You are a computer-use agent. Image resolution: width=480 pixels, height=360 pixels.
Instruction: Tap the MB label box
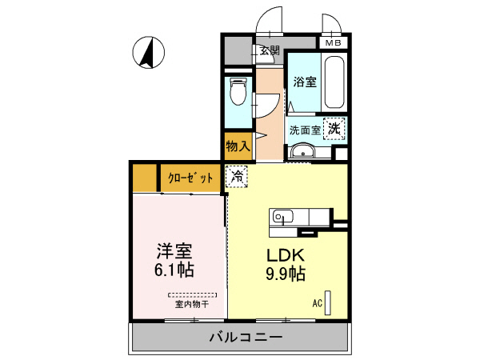[331, 42]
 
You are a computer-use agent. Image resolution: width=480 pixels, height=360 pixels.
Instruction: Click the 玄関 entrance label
[270, 50]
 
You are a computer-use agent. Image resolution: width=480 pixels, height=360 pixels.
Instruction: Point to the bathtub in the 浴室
[334, 84]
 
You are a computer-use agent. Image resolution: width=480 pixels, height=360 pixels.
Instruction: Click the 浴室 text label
[304, 81]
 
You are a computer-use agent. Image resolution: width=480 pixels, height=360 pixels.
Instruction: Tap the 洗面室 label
[304, 129]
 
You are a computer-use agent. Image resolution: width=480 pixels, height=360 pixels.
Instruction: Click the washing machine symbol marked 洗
[336, 127]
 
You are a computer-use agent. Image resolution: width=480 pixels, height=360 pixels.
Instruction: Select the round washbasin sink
[302, 152]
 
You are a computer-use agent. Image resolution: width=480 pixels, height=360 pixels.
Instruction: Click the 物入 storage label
[238, 146]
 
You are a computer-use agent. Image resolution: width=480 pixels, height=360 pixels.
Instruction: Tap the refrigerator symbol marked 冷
[238, 177]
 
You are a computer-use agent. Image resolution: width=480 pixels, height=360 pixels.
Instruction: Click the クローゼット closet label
[190, 178]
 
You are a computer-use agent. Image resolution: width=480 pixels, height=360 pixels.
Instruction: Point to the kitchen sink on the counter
[282, 216]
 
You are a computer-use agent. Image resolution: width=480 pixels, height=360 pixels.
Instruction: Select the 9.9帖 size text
[284, 274]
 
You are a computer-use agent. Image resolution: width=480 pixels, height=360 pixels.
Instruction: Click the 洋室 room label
[174, 250]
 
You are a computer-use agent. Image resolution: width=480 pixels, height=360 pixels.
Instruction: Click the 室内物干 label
[192, 304]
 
